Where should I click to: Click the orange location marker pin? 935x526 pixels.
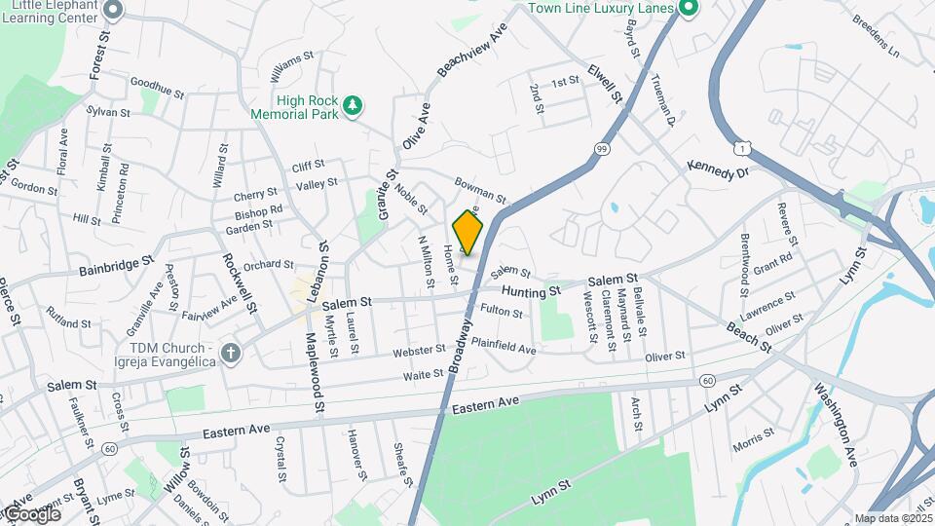coord(467,231)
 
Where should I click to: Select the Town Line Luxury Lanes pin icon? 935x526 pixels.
coord(690,9)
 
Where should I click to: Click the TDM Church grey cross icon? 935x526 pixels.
coord(231,353)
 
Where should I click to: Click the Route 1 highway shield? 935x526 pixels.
coord(746,147)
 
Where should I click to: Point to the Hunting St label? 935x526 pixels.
coord(532,290)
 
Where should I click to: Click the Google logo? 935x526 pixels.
coord(31,513)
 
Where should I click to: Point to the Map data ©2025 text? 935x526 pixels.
coord(893,518)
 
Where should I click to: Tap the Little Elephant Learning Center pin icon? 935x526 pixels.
coord(113,10)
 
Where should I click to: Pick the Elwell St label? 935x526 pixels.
coord(604,83)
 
